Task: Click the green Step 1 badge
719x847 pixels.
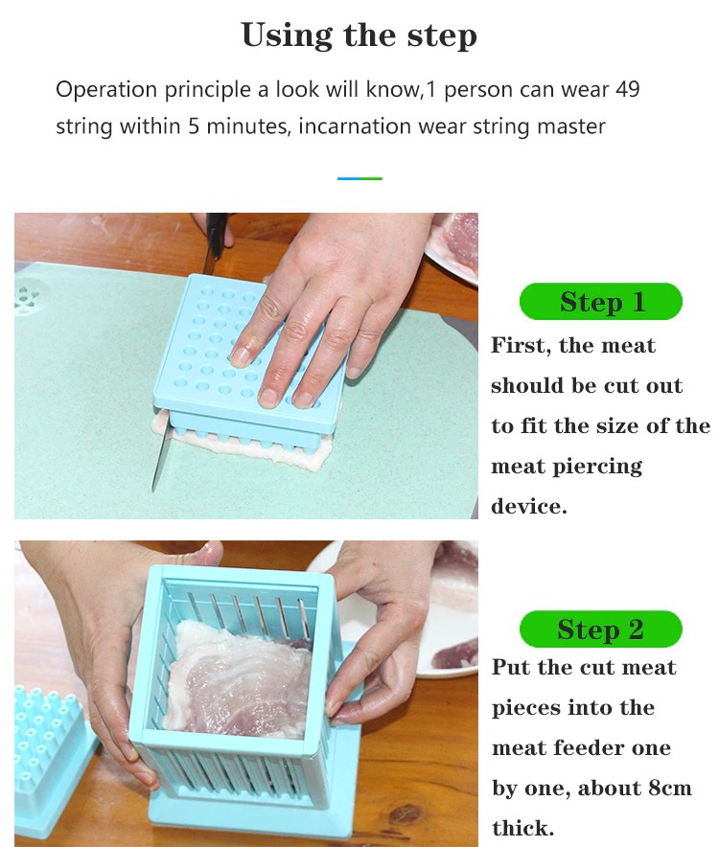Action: click(x=601, y=302)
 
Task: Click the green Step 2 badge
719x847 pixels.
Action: click(x=601, y=630)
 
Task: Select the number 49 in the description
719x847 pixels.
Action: click(x=627, y=89)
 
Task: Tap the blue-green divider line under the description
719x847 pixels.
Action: click(x=359, y=178)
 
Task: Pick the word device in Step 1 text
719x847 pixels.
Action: click(x=529, y=506)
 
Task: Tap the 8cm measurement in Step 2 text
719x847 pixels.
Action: click(x=670, y=789)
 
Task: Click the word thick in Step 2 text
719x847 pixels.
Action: click(x=522, y=828)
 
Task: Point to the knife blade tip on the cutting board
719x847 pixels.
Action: click(x=154, y=490)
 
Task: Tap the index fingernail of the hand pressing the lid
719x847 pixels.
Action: click(x=240, y=356)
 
